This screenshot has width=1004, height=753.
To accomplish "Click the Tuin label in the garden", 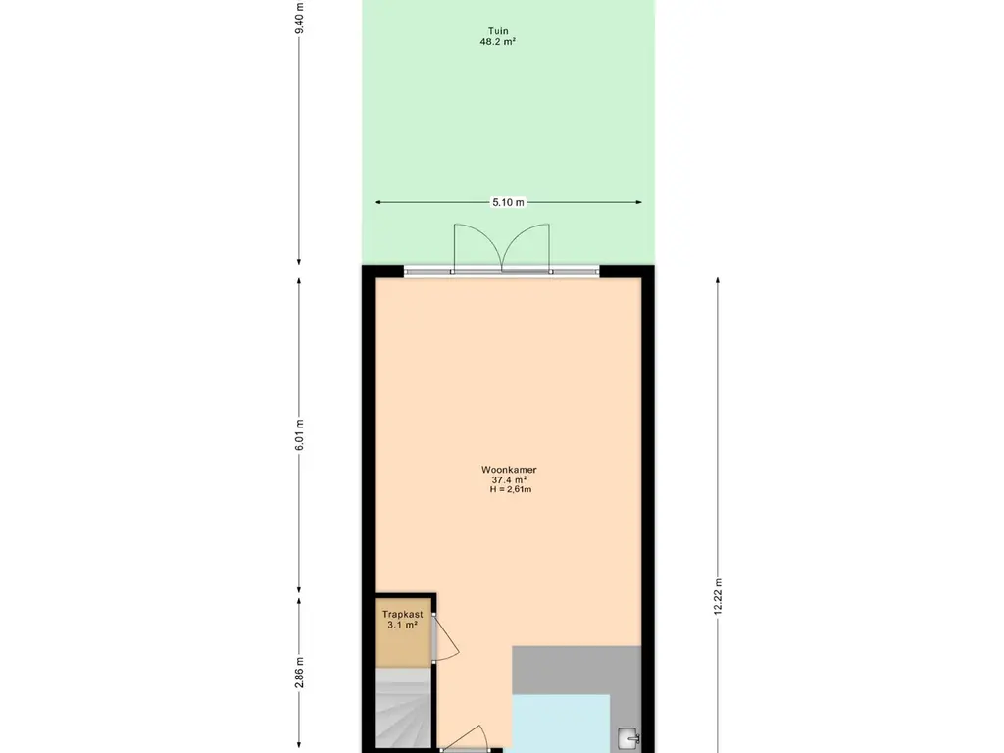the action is tap(498, 31).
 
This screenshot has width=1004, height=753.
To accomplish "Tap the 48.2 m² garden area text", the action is tap(498, 41).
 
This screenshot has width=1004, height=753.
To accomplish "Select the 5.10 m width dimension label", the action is tap(508, 202).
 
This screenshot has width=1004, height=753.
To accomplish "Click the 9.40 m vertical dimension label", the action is tap(300, 19).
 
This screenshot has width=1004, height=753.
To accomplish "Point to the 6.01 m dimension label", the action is tap(300, 434).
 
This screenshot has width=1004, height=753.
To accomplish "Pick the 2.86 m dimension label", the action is tap(300, 673).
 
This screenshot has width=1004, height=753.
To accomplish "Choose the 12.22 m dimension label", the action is tap(718, 597).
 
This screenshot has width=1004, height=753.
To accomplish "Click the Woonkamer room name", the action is tap(509, 470).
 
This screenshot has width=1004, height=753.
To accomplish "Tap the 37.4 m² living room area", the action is tap(509, 479).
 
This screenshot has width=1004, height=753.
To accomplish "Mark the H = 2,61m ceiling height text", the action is tap(510, 490).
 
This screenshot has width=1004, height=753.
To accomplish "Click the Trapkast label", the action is tap(403, 614).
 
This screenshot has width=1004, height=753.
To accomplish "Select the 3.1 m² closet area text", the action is tap(403, 625).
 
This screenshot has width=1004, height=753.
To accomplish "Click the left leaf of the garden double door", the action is tap(477, 246).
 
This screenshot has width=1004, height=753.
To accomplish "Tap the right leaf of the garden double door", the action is tap(527, 246).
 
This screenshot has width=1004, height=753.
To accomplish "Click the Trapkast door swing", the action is tap(446, 637).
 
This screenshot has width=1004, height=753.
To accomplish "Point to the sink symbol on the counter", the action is tap(628, 738).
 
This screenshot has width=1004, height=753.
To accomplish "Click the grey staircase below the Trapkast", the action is tap(403, 707).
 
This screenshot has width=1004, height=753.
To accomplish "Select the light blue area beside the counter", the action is tap(561, 724).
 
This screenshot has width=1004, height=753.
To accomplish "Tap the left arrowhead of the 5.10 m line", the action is tap(377, 202).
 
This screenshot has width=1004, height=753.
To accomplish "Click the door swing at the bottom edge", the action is tap(466, 737).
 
